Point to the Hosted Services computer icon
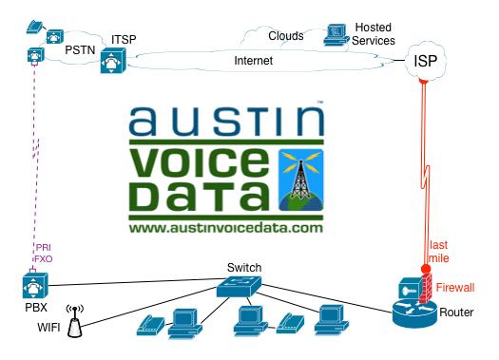[x=334, y=34]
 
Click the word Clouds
[x=285, y=36]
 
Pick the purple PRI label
[x=44, y=246]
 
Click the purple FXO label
[x=44, y=257]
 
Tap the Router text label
[x=458, y=313]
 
